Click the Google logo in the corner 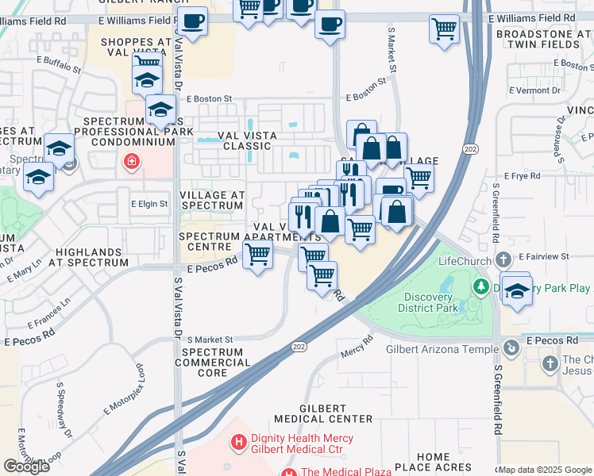26,466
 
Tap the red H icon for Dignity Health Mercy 237,441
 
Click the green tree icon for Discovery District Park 480,286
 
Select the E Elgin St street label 149,204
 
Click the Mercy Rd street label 357,346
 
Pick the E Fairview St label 545,257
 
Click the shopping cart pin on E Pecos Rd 257,255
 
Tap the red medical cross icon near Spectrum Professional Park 129,163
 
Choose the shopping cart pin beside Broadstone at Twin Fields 444,29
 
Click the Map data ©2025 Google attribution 545,470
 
